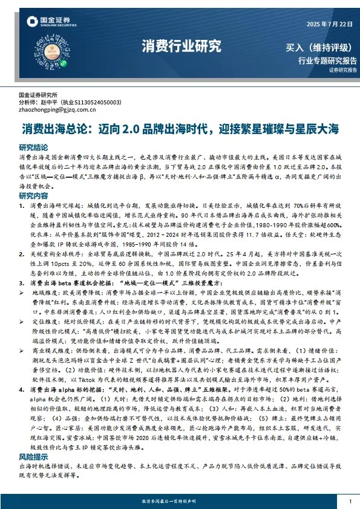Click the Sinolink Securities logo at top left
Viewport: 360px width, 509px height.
click(x=48, y=23)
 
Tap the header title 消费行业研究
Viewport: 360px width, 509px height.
click(x=181, y=45)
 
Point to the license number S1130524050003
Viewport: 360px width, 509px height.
click(x=99, y=103)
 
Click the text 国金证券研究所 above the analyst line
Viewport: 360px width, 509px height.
click(x=38, y=96)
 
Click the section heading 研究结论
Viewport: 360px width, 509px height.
click(x=33, y=147)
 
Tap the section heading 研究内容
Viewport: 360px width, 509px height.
click(x=33, y=196)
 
